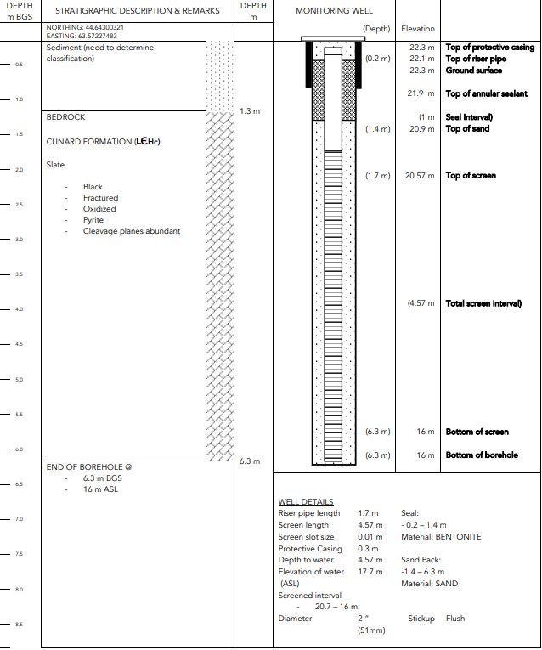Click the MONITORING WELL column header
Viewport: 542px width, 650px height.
[x=334, y=11]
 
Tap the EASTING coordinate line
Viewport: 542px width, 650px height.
[x=82, y=36]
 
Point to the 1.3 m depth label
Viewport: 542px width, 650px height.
[x=250, y=111]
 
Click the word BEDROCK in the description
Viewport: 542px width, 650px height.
[x=65, y=117]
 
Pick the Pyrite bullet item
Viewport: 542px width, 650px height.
[x=93, y=220]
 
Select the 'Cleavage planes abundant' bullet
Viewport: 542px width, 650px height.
[x=132, y=231]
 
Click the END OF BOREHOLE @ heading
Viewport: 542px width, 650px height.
[x=89, y=466]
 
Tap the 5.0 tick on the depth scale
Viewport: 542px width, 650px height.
[x=19, y=380]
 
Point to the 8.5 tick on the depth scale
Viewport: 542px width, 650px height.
[x=19, y=625]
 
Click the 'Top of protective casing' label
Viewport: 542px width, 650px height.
[x=490, y=48]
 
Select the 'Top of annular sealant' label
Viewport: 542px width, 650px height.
[x=487, y=93]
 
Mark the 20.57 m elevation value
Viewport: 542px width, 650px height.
[x=420, y=176]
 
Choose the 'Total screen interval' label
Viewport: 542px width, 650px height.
[x=483, y=303]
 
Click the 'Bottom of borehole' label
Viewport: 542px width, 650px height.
[x=482, y=455]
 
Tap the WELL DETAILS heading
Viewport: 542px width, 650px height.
[x=306, y=502]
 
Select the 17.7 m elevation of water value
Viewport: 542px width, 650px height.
[x=370, y=572]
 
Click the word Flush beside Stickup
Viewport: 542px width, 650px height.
[x=455, y=619]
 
